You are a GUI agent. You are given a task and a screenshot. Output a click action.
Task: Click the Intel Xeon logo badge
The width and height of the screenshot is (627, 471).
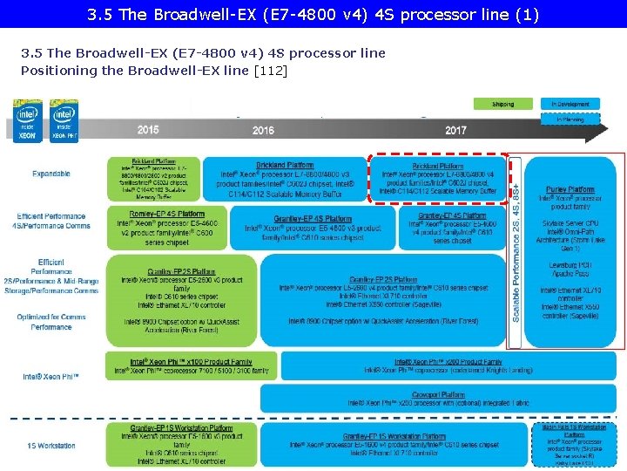coord(28,120)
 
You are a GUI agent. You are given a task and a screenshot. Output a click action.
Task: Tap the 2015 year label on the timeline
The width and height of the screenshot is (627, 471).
coord(148,130)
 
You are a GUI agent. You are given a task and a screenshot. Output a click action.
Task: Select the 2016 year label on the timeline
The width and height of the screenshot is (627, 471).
coord(263,130)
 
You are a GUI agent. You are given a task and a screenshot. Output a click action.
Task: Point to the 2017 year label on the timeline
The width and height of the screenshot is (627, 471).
coord(455,130)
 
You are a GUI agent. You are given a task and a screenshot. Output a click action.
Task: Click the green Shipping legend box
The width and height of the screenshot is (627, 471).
coord(502,104)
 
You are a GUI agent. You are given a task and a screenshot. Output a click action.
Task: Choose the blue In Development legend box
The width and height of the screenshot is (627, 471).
coord(570,104)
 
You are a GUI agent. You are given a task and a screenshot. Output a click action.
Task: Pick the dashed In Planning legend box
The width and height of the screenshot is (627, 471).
coord(570,119)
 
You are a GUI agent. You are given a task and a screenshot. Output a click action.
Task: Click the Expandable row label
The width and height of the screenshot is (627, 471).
coord(51,174)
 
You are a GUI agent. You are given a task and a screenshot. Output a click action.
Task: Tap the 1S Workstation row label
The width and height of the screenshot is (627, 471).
coord(51,446)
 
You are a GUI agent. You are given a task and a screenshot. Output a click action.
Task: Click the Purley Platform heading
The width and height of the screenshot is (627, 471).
coord(570,189)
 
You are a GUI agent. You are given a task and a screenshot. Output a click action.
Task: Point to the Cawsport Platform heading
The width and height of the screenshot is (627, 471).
coord(438,393)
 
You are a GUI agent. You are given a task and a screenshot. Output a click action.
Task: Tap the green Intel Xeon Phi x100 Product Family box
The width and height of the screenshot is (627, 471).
coord(192,365)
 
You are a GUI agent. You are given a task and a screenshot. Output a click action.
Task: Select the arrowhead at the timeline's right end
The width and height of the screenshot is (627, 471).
coord(615,128)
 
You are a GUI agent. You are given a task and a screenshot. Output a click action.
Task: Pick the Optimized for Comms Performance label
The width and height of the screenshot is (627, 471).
coord(51,322)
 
